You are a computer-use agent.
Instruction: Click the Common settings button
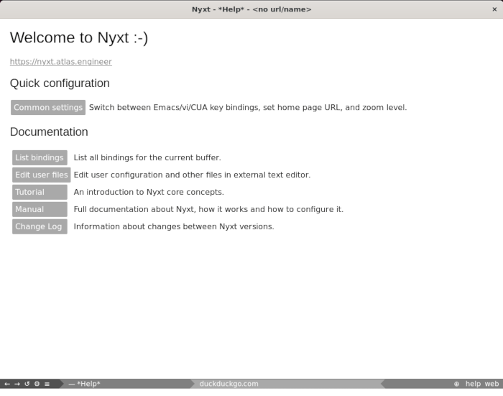tap(48, 108)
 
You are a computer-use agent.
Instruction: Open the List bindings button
tap(40, 158)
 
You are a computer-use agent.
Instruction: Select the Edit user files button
tap(41, 175)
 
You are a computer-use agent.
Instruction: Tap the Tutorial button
tap(40, 193)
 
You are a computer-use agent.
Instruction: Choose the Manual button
tap(40, 210)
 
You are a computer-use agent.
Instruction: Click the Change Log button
tap(40, 227)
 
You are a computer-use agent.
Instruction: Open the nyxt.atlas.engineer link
tap(60, 62)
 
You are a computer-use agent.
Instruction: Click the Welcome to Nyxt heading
tap(79, 38)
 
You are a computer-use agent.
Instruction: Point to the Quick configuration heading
tap(60, 83)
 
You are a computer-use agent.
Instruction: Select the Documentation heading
tap(49, 132)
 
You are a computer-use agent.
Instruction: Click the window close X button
tap(494, 9)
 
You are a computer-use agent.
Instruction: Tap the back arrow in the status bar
tap(7, 384)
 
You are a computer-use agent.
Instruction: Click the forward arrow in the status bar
tap(17, 384)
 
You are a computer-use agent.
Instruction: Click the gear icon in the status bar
tap(37, 384)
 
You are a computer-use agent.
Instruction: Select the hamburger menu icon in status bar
tap(47, 384)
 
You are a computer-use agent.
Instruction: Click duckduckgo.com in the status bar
tap(229, 384)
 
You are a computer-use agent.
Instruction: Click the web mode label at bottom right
tap(491, 384)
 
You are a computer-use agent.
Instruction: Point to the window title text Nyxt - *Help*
tap(251, 9)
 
